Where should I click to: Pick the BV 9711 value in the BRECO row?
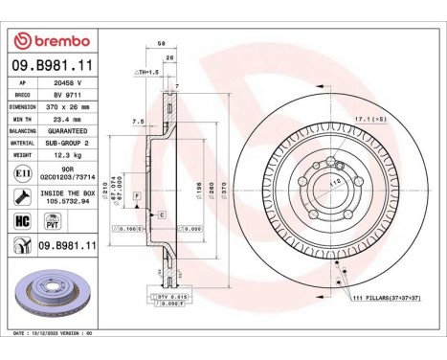[x=65, y=96]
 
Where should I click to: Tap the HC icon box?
[x=20, y=219]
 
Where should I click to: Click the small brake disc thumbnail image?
[x=49, y=293]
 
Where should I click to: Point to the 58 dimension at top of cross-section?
[x=161, y=44]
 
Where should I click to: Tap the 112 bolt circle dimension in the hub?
[x=334, y=182]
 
